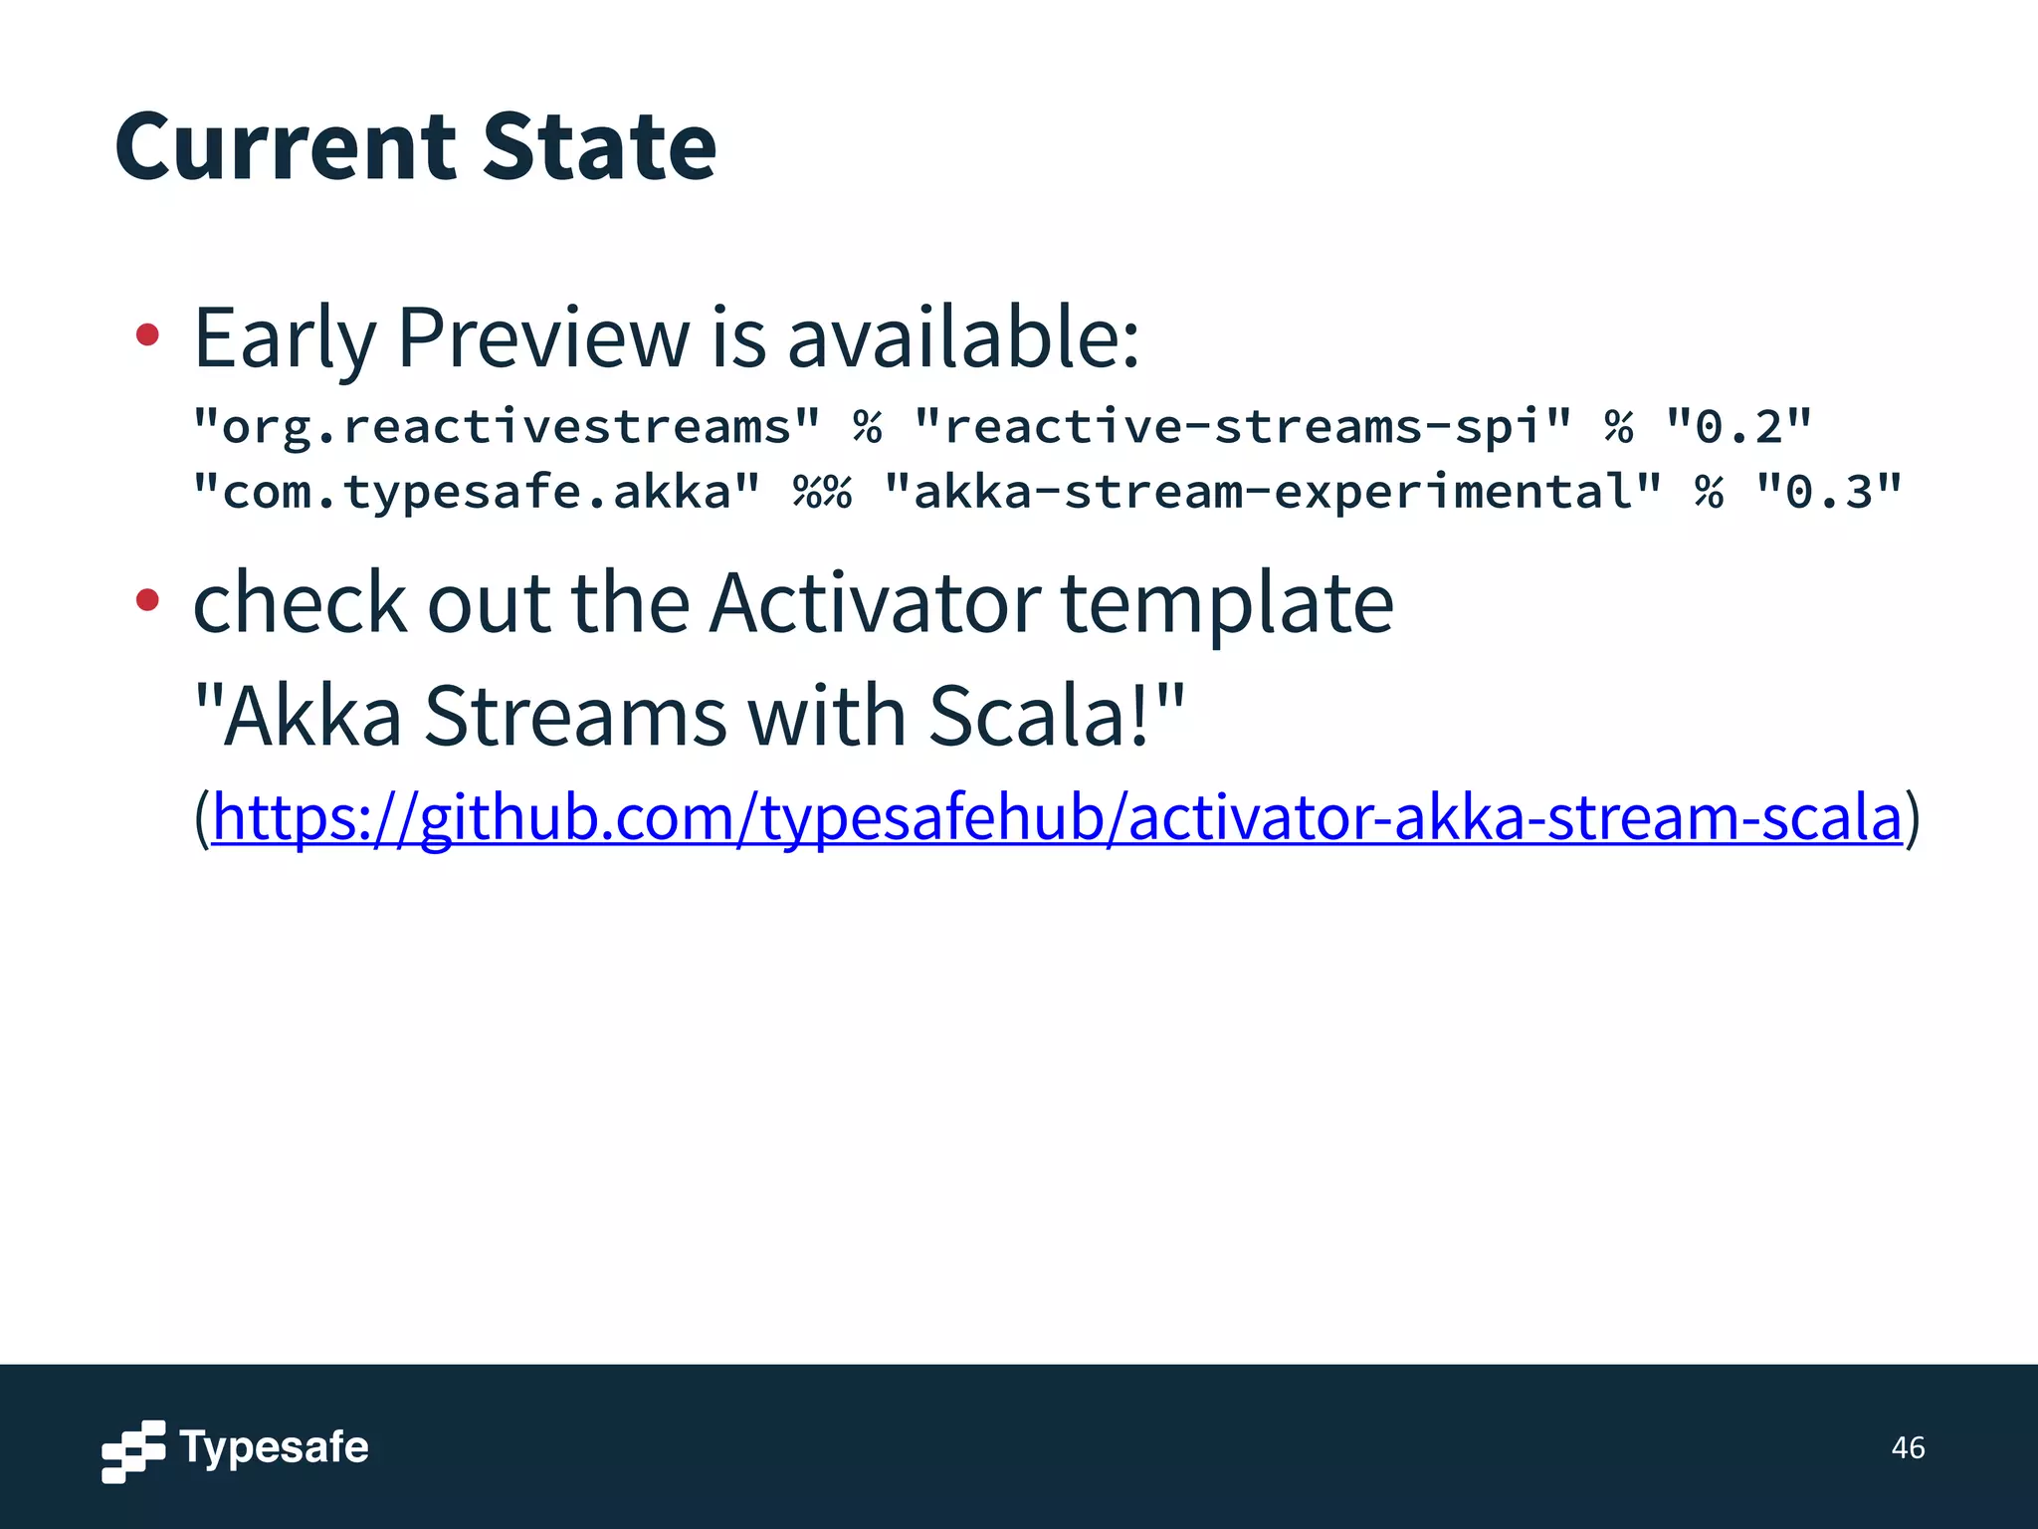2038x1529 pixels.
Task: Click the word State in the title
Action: click(599, 147)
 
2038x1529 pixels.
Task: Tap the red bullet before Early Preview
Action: click(147, 335)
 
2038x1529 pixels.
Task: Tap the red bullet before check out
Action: click(147, 599)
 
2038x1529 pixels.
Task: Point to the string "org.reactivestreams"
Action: click(507, 427)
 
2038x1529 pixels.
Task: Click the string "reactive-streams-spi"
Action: click(1243, 427)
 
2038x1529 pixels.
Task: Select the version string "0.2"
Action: click(1738, 427)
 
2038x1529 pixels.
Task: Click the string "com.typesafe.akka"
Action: click(477, 492)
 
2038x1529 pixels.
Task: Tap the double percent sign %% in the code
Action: click(822, 492)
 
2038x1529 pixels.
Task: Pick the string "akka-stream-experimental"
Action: click(1273, 492)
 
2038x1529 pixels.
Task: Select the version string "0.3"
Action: click(1829, 492)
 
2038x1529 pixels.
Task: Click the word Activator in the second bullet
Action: click(876, 603)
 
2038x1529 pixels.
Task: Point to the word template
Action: click(1226, 603)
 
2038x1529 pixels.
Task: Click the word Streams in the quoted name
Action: click(575, 716)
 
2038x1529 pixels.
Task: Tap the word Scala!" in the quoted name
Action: click(1056, 716)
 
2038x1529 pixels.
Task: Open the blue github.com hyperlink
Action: click(1056, 817)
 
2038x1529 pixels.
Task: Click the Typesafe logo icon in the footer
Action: click(133, 1450)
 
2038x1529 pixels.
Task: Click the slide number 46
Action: click(1908, 1447)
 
